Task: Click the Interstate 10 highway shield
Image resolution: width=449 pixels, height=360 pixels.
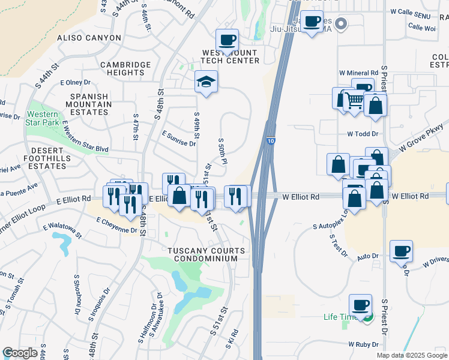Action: coord(271,140)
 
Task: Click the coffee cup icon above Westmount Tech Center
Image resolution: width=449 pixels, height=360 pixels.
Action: coord(227,40)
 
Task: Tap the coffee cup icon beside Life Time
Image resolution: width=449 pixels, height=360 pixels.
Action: coord(360,305)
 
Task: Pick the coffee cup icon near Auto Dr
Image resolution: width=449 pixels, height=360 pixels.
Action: coord(401,250)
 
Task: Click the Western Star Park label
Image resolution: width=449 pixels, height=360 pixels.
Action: coord(43,118)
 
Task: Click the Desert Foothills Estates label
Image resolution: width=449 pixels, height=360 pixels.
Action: coord(43,158)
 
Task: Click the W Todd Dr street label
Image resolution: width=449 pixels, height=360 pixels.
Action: coord(363,134)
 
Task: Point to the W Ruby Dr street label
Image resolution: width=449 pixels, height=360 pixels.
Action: coord(363,344)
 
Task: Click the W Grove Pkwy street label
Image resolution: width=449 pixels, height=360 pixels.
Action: coord(424,137)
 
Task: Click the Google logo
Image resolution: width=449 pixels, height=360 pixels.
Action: coord(20,353)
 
